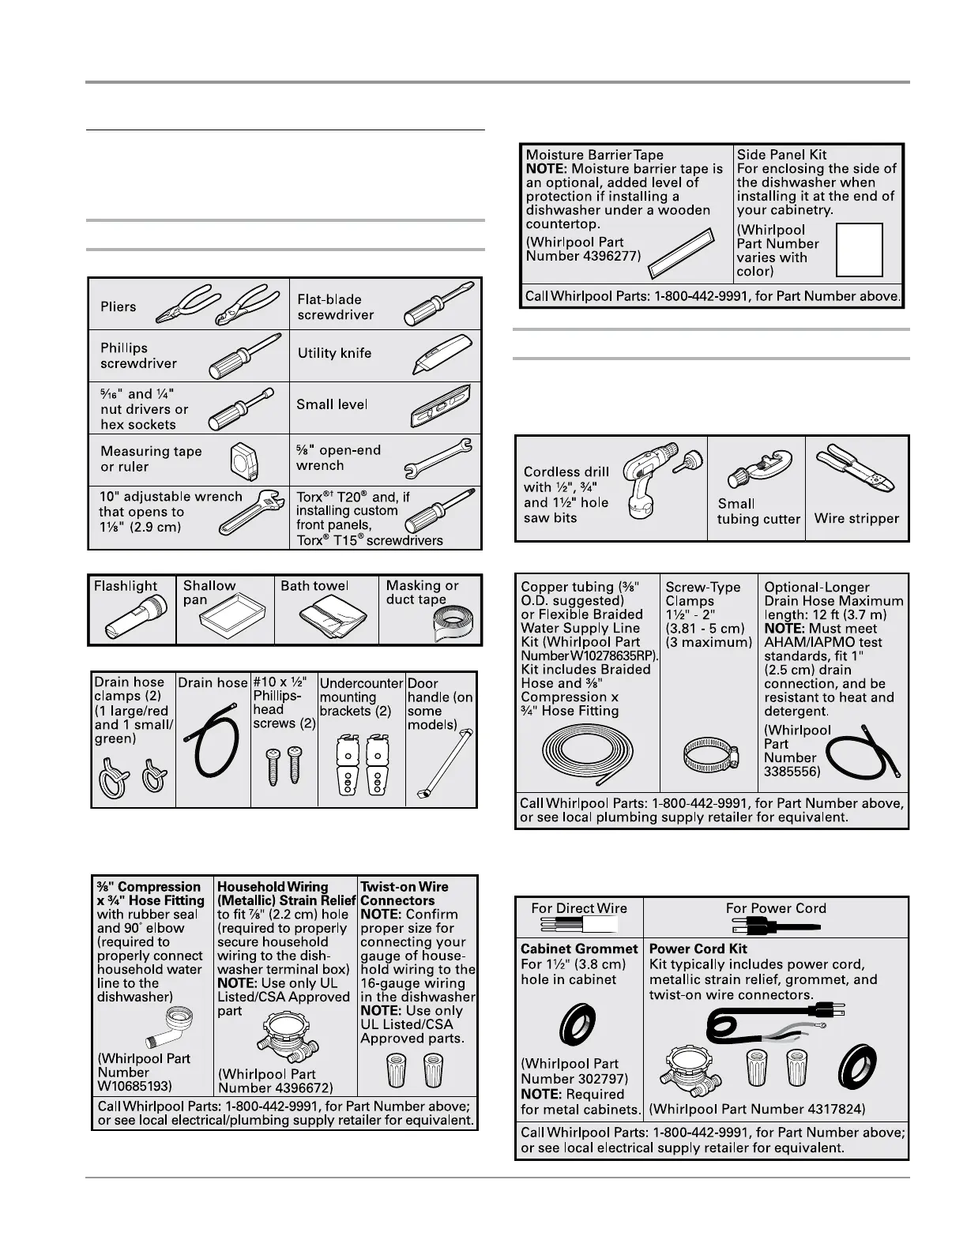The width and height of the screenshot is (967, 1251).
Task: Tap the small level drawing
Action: (x=445, y=407)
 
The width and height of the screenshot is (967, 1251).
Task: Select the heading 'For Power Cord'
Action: (x=776, y=908)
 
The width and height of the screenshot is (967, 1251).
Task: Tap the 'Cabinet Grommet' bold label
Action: (x=579, y=949)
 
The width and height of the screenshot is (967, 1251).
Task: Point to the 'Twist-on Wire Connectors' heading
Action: (x=404, y=893)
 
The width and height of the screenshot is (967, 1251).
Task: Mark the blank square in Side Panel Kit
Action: (x=859, y=250)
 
